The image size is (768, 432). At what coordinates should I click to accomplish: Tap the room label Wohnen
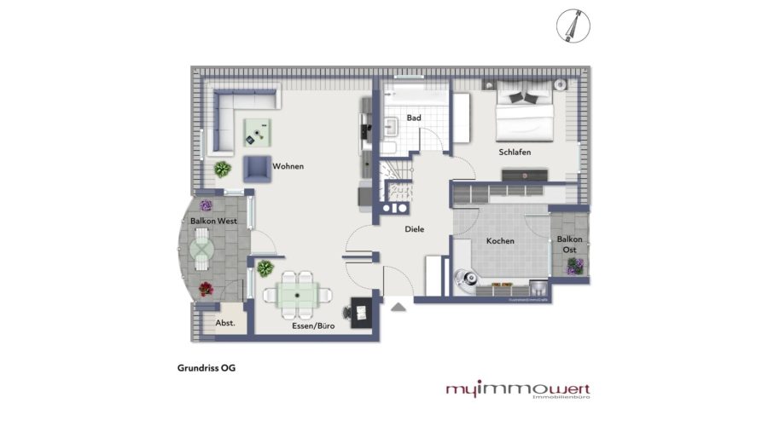click(x=288, y=166)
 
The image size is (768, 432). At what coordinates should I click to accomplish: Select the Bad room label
click(x=414, y=118)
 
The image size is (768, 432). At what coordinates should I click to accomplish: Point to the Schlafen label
click(x=515, y=152)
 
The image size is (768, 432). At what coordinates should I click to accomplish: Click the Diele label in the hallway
click(x=414, y=228)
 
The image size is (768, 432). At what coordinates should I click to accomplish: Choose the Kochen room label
click(x=500, y=241)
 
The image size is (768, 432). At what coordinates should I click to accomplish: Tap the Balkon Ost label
click(x=570, y=245)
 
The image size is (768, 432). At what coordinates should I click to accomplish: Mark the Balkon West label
click(x=213, y=221)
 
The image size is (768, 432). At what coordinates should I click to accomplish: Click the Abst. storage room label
click(x=225, y=323)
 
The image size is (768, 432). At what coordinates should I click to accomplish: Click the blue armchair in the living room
click(x=257, y=169)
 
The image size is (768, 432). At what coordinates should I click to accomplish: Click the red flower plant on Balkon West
click(x=206, y=289)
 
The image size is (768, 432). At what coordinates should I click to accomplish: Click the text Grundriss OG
click(x=200, y=369)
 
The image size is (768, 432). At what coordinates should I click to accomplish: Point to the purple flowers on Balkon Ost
click(x=573, y=268)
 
